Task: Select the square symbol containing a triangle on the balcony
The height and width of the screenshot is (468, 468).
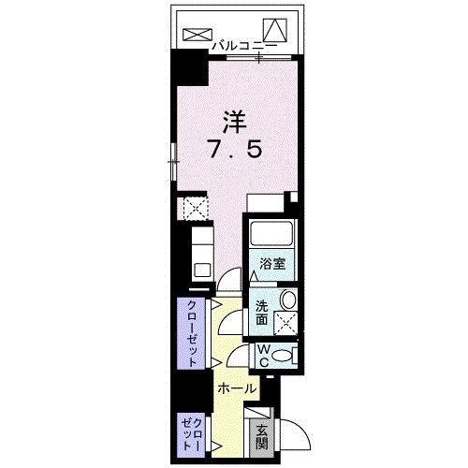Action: pyautogui.click(x=274, y=29)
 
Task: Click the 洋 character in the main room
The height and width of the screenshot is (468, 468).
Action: pyautogui.click(x=234, y=121)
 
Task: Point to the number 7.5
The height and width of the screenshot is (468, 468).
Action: pyautogui.click(x=234, y=150)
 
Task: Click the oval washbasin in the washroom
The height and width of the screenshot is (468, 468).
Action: pyautogui.click(x=288, y=300)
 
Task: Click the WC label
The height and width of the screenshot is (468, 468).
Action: pyautogui.click(x=263, y=356)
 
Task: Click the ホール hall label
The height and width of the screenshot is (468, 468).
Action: pyautogui.click(x=237, y=387)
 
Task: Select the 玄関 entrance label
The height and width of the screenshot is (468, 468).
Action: pyautogui.click(x=263, y=435)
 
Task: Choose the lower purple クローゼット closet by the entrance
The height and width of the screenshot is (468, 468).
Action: pyautogui.click(x=191, y=432)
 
